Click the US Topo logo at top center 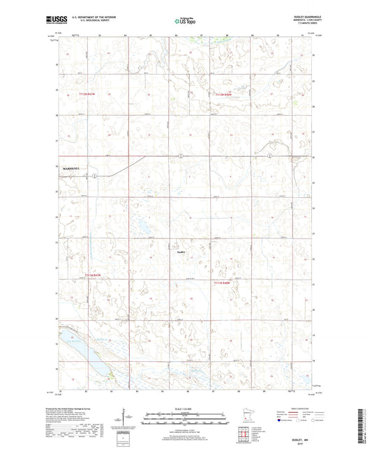click(x=185, y=22)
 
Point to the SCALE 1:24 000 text click(x=185, y=407)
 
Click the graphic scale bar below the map click(x=185, y=420)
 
